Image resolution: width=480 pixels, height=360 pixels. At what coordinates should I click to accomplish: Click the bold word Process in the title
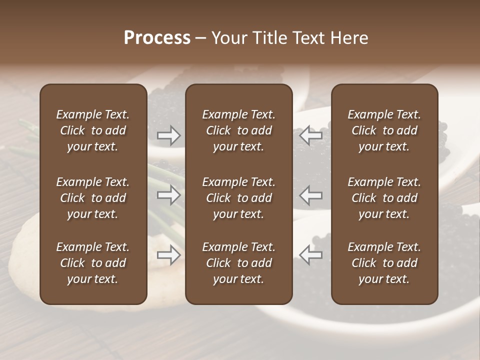point(157,38)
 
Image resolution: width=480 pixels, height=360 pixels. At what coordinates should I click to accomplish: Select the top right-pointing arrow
point(168,135)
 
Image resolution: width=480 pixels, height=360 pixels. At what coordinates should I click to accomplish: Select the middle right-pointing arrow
point(168,195)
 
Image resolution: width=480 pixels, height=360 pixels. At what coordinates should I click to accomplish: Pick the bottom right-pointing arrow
point(168,255)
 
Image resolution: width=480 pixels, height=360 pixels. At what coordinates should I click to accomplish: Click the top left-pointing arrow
point(311,135)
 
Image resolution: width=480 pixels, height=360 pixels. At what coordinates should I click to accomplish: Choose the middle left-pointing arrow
point(311,195)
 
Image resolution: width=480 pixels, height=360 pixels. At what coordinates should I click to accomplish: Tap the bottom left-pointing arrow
point(311,255)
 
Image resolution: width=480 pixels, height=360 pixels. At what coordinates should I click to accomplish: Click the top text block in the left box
point(93,130)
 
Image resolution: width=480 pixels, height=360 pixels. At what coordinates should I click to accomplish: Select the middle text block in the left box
point(93,198)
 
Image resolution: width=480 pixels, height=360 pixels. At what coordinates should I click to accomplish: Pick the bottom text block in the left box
point(93,263)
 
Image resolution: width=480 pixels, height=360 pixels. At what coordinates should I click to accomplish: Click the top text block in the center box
point(238,130)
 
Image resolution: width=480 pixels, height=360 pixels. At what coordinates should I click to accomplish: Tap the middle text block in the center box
point(238,198)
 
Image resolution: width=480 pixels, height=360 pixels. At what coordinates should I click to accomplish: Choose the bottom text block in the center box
point(238,263)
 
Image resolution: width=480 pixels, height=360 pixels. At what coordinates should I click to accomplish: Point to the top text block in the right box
point(384,130)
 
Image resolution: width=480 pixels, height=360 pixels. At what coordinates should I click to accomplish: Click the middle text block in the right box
point(384,198)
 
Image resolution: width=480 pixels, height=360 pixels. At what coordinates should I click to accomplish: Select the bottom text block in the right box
point(384,263)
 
